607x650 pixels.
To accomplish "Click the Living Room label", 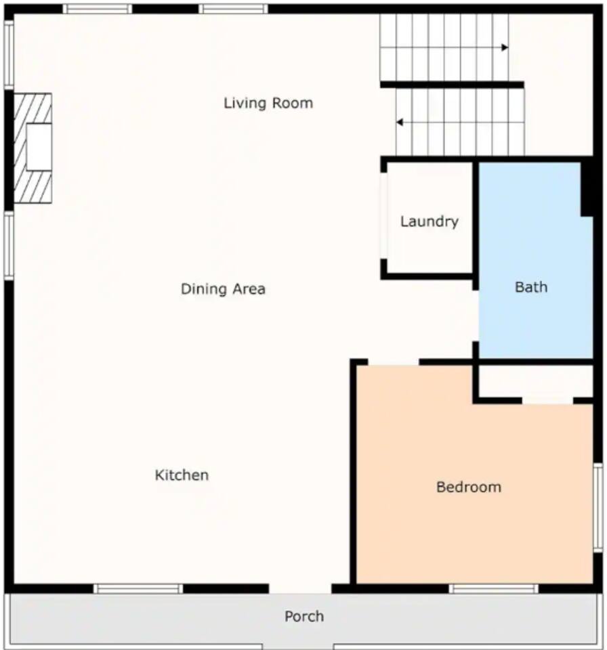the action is (268, 103).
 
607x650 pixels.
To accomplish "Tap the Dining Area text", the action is (223, 288).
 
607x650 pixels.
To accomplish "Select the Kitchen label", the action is (182, 475).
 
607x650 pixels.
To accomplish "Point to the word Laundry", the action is (430, 221).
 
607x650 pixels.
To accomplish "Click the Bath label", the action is (531, 287).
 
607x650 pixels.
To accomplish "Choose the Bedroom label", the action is (469, 487).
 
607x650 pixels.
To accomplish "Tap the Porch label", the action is (304, 616).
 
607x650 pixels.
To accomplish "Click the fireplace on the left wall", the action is (33, 148).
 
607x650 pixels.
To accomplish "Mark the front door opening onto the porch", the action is (300, 588).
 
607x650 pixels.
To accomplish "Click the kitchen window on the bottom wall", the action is (138, 588).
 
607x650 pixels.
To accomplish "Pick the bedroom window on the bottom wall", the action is (493, 588).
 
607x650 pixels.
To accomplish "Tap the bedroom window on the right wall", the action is (598, 507).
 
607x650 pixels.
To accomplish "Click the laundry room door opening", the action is (384, 215).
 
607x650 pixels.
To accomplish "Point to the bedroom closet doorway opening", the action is (547, 401).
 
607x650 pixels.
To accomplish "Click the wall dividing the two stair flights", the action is (453, 85).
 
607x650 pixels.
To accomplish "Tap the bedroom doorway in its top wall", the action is (394, 362).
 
